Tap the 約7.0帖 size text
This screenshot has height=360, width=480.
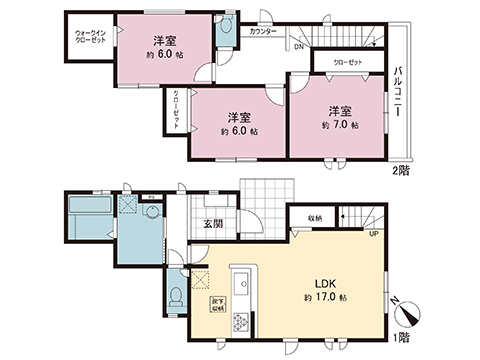pyautogui.click(x=338, y=127)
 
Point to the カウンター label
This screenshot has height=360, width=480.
pyautogui.click(x=264, y=31)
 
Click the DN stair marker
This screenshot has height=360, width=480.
pyautogui.click(x=298, y=46)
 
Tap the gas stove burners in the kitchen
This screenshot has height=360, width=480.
pyautogui.click(x=241, y=320)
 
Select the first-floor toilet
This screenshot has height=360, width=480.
pyautogui.click(x=176, y=296)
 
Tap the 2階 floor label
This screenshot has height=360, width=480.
pyautogui.click(x=400, y=170)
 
